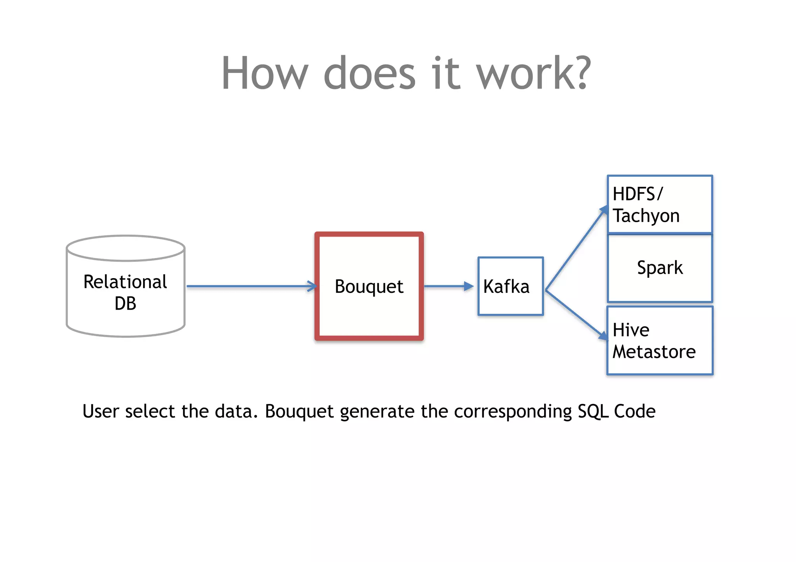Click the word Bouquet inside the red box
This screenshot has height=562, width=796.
click(369, 287)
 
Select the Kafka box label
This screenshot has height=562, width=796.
click(506, 287)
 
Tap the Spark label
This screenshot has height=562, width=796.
click(660, 268)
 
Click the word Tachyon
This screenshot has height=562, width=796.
click(646, 216)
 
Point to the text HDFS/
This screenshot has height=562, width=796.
click(637, 194)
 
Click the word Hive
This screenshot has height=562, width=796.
click(630, 330)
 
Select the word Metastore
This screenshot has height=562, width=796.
click(654, 352)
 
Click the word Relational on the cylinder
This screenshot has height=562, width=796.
click(125, 282)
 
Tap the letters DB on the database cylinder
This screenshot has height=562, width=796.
click(125, 303)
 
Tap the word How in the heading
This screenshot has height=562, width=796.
click(265, 73)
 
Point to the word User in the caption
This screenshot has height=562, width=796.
click(101, 411)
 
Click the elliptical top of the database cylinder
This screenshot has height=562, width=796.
click(125, 248)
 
